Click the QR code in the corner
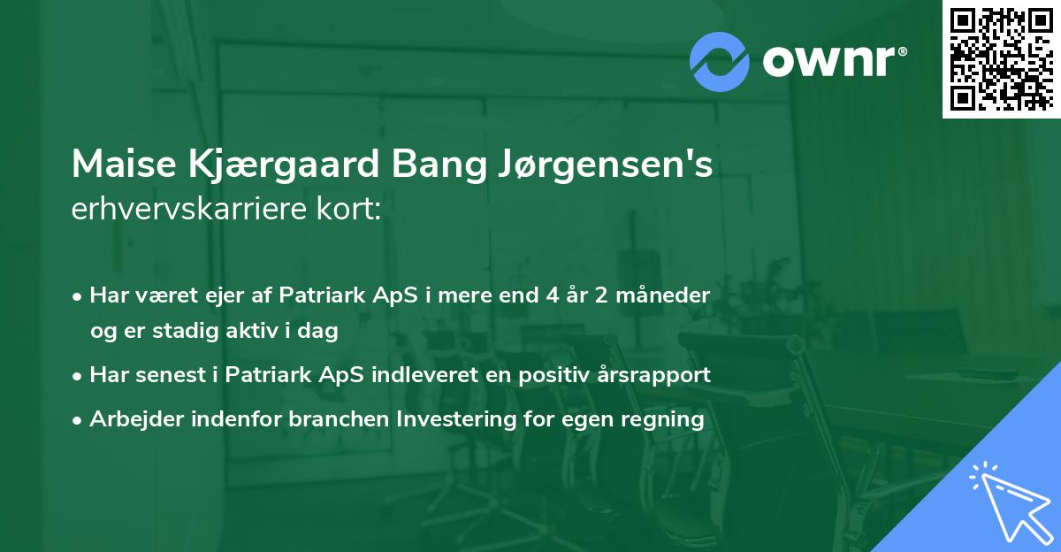click(x=1001, y=59)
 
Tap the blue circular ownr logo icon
click(x=720, y=61)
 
